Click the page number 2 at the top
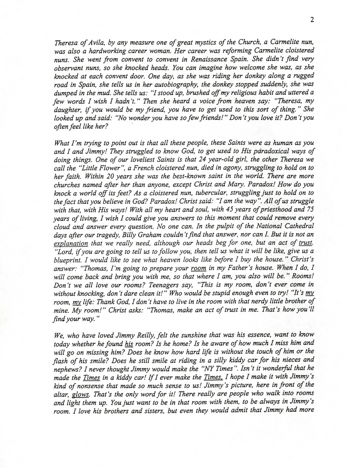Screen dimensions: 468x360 tap(312, 20)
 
